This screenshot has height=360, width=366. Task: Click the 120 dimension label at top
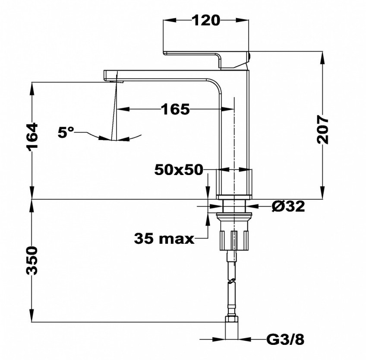pos(206,20)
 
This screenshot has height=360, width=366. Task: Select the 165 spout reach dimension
pos(175,109)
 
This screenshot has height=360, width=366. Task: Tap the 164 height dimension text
pos(32,137)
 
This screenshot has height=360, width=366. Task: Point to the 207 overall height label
pos(322,129)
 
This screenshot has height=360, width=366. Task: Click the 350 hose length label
pos(32,260)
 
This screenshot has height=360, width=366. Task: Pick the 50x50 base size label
pos(179,170)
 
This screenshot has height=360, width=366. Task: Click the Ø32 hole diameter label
pos(288,206)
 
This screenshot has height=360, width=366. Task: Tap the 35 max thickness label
pos(164,239)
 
